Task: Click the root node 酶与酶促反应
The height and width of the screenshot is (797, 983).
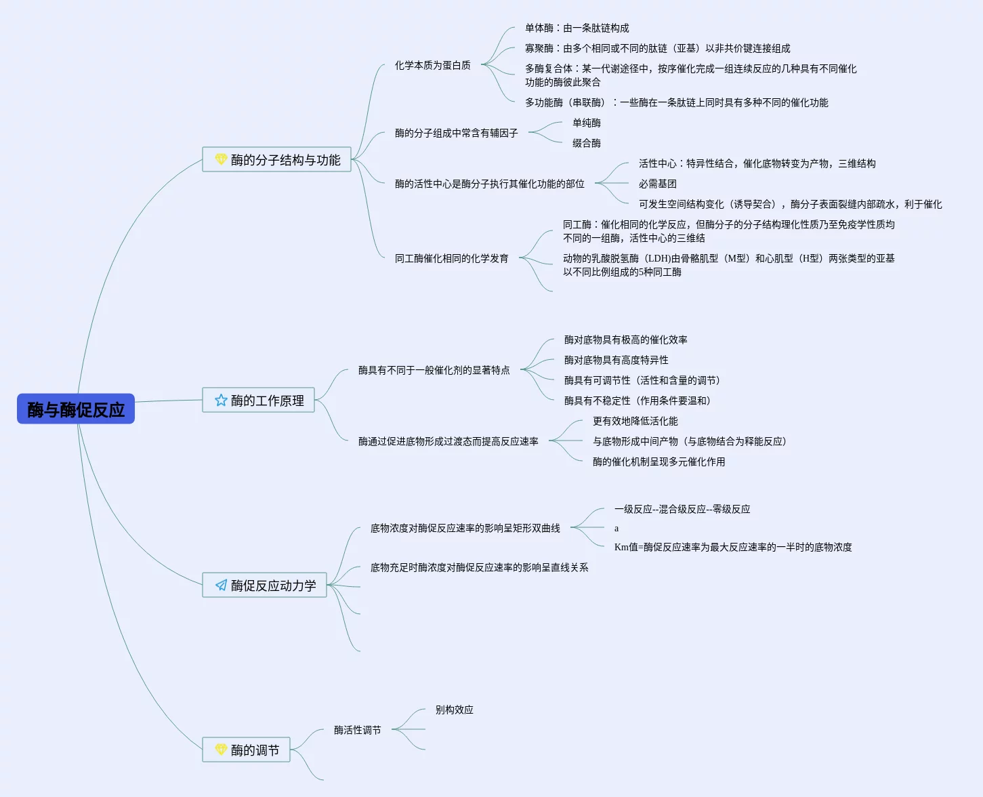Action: [x=76, y=409]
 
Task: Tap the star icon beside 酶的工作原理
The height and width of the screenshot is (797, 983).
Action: [x=221, y=401]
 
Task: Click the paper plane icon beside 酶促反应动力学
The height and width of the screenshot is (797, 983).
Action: [x=221, y=586]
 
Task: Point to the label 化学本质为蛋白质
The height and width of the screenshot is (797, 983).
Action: [x=432, y=65]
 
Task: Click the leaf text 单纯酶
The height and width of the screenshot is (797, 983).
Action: [x=586, y=123]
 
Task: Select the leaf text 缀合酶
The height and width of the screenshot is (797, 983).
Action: [x=586, y=143]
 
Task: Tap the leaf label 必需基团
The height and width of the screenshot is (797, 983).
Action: [x=657, y=184]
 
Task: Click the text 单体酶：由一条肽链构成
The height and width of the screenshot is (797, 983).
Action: [x=577, y=28]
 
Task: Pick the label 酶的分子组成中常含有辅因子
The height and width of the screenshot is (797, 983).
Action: [x=456, y=133]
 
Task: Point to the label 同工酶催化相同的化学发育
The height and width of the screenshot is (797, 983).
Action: [x=451, y=258]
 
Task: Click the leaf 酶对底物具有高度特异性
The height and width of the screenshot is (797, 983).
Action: [x=616, y=360]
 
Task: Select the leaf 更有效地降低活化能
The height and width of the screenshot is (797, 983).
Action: [x=635, y=421]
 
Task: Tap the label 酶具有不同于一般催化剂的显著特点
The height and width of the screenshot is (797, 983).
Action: [x=434, y=370]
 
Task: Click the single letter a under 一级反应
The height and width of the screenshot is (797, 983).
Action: [x=616, y=529]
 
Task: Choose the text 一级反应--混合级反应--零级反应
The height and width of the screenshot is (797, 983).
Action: [x=682, y=509]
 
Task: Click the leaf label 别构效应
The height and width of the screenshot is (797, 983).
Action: [x=454, y=710]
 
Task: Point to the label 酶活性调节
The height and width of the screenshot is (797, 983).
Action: [x=357, y=730]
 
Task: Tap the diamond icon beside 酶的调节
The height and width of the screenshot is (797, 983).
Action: [x=221, y=750]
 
